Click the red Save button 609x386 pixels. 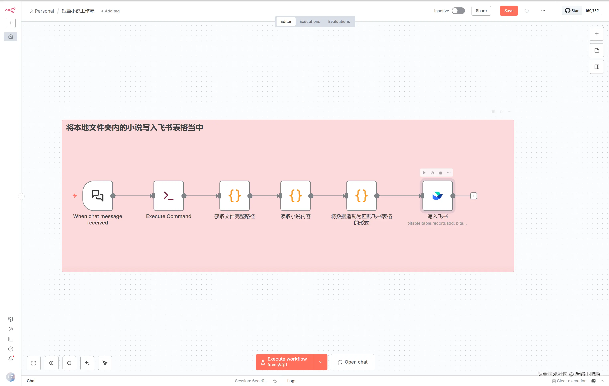tap(509, 11)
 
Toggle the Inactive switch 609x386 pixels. tap(458, 11)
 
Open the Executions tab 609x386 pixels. tap(310, 21)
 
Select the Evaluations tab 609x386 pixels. tap(339, 21)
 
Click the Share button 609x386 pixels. tap(481, 11)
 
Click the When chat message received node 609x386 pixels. tap(98, 196)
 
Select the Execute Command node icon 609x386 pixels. tap(169, 196)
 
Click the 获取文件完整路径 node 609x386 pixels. tap(234, 196)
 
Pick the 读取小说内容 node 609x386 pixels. tap(295, 196)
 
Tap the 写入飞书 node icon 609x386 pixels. tap(437, 196)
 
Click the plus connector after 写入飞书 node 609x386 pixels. tap(474, 196)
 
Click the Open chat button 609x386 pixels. tap(352, 362)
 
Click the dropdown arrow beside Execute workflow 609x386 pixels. tap(321, 362)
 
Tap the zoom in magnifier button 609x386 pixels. tap(52, 363)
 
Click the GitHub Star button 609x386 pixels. tap(572, 11)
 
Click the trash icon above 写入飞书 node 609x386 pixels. tap(440, 173)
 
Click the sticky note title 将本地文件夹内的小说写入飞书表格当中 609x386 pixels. tap(134, 127)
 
